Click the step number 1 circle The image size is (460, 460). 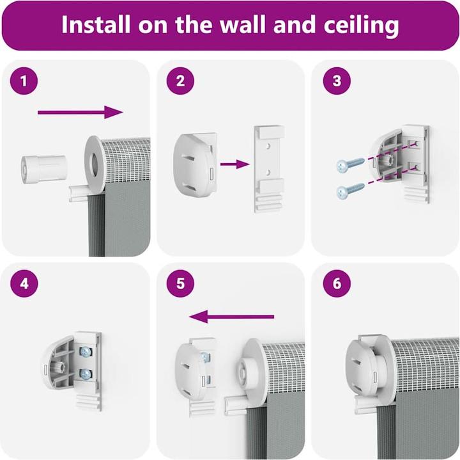[24, 81]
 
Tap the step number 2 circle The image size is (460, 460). [180, 81]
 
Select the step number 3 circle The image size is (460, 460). [337, 81]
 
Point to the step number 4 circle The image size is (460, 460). [24, 283]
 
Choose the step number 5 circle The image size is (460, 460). [180, 283]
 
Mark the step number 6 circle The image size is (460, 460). [337, 283]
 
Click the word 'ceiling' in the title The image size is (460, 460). [361, 25]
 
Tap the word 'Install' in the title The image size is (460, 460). [96, 24]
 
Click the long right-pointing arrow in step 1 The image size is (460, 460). [80, 112]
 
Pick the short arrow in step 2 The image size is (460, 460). [234, 164]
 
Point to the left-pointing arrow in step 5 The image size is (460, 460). [232, 317]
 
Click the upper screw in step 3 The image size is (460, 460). [351, 164]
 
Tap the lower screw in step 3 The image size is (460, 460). [351, 190]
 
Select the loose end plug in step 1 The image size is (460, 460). [43, 170]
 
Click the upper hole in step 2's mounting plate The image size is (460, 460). [267, 146]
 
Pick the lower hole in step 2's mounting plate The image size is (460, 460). [268, 173]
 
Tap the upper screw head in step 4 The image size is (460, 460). [86, 351]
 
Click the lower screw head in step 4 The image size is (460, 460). [86, 374]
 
